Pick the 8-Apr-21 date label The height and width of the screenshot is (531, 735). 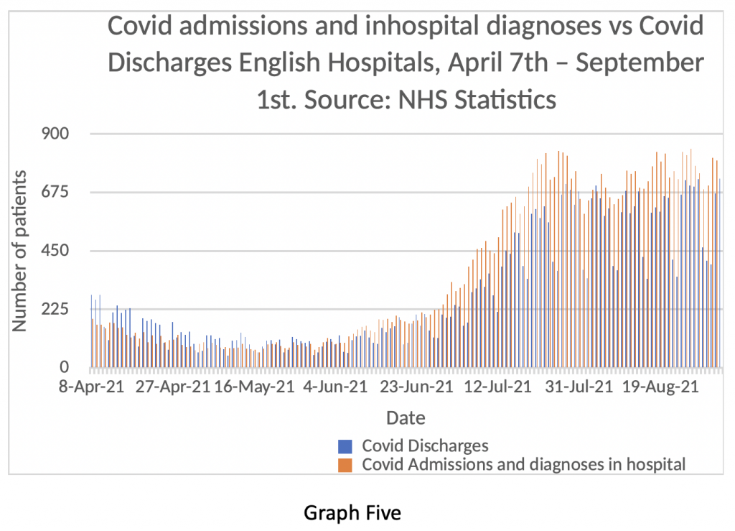click(x=92, y=388)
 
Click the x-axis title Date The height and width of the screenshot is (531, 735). click(x=406, y=417)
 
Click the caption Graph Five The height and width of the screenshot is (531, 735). click(x=352, y=513)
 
